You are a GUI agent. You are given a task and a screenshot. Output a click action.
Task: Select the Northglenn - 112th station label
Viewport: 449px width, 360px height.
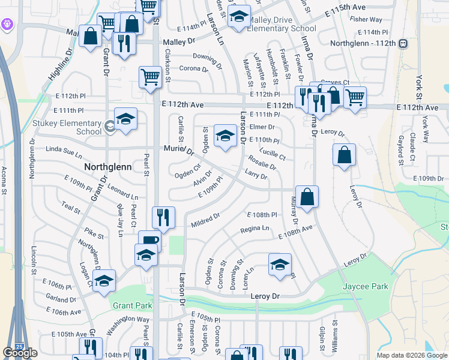(364, 43)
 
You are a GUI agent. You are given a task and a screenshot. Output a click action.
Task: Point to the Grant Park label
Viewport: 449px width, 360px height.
(132, 305)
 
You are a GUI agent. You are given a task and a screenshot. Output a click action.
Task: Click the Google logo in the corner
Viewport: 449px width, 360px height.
(20, 353)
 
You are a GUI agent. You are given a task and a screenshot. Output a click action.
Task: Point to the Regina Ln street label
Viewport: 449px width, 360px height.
(255, 229)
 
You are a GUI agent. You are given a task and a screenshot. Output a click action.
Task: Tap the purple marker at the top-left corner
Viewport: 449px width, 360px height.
(7, 25)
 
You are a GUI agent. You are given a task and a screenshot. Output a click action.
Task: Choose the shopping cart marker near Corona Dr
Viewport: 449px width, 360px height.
(150, 77)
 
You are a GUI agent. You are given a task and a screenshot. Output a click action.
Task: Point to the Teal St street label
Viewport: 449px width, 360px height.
(71, 208)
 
